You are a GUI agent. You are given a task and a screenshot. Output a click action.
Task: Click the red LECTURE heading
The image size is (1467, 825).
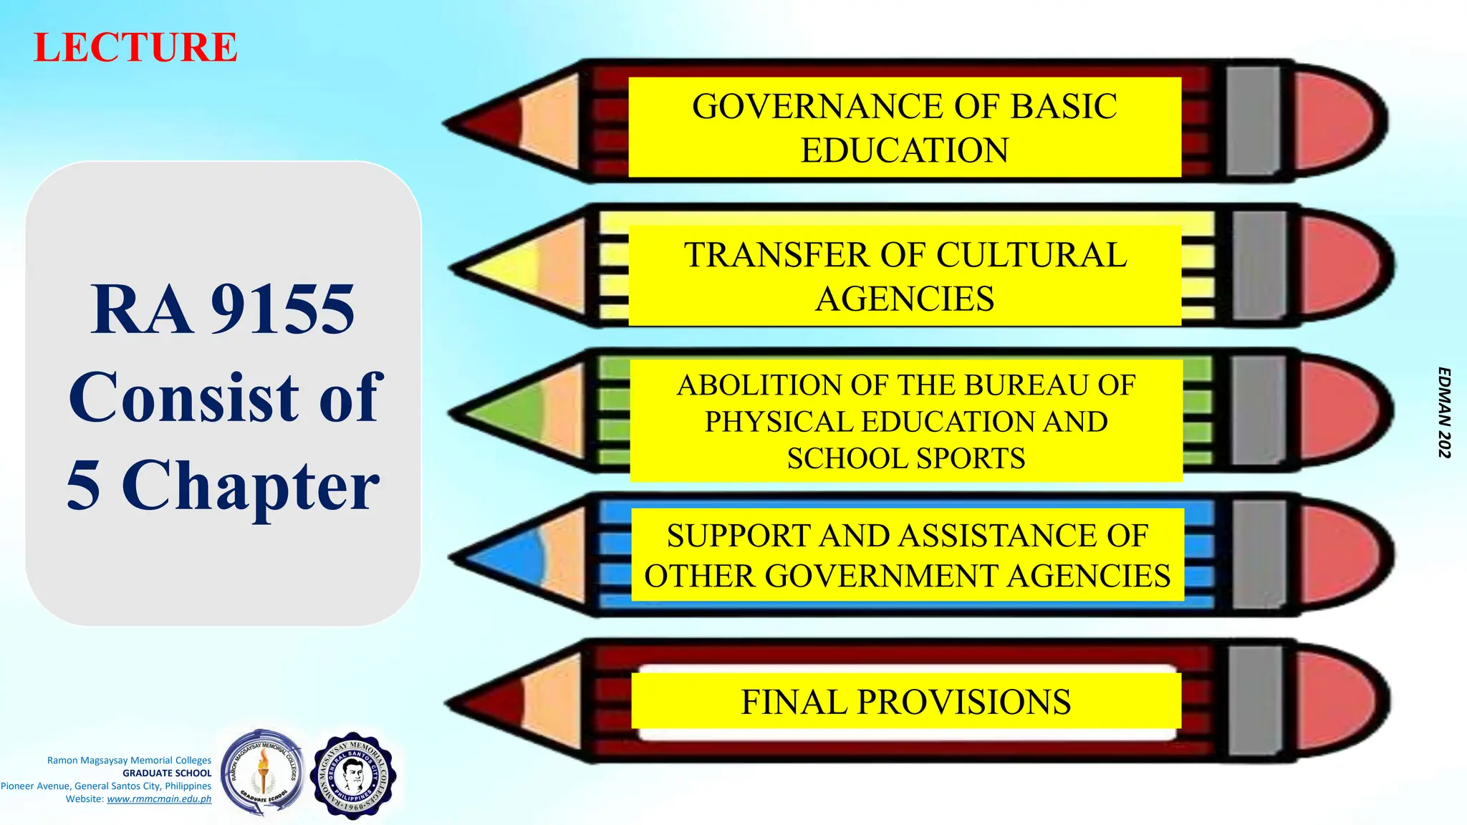(135, 48)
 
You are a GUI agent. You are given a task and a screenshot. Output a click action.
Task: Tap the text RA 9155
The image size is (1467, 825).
(223, 309)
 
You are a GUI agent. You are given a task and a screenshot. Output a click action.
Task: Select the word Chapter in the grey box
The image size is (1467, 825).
(251, 486)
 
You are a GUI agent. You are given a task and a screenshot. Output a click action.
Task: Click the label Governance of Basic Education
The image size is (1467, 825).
(904, 127)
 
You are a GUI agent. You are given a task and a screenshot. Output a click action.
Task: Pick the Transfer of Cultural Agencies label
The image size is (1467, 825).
(905, 276)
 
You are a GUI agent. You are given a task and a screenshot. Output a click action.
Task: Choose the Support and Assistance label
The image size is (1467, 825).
(907, 555)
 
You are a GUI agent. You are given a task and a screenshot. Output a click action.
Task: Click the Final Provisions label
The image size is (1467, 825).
(905, 702)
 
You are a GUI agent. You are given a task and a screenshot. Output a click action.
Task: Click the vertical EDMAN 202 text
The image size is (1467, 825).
(1445, 412)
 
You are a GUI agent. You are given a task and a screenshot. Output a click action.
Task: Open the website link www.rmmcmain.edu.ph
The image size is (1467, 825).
(159, 799)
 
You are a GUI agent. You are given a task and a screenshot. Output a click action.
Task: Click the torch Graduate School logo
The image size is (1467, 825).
(263, 773)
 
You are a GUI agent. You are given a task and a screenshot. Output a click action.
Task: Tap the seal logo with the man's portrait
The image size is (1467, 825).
(353, 776)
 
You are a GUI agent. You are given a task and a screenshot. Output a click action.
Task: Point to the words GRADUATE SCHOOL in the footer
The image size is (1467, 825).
(167, 773)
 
